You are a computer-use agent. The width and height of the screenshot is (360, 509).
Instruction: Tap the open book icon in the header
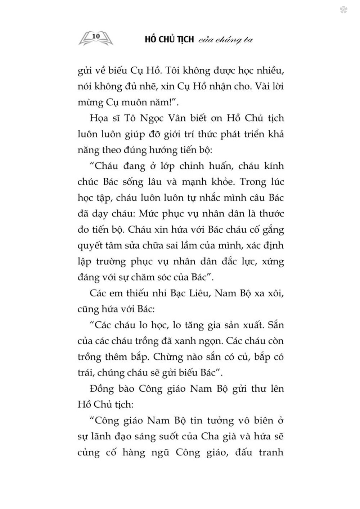[x=96, y=38]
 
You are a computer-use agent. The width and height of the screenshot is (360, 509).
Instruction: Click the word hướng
[x=155, y=150]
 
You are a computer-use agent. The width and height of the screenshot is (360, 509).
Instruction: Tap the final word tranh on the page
[x=271, y=452]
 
